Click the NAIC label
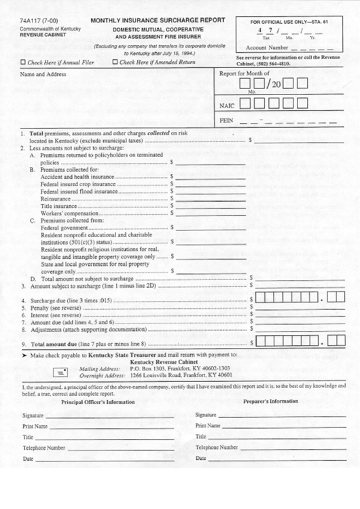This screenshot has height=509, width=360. pyautogui.click(x=227, y=105)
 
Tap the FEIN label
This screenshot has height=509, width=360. pyautogui.click(x=227, y=121)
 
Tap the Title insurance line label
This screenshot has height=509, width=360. pyautogui.click(x=58, y=206)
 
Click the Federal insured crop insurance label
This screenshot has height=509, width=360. pyautogui.click(x=77, y=183)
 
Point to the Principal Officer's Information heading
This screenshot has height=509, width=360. pyautogui.click(x=98, y=402)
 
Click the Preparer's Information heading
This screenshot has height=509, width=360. pyautogui.click(x=270, y=401)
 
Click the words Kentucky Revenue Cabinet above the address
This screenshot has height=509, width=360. pyautogui.click(x=164, y=362)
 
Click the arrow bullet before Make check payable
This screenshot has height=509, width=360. pyautogui.click(x=24, y=355)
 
